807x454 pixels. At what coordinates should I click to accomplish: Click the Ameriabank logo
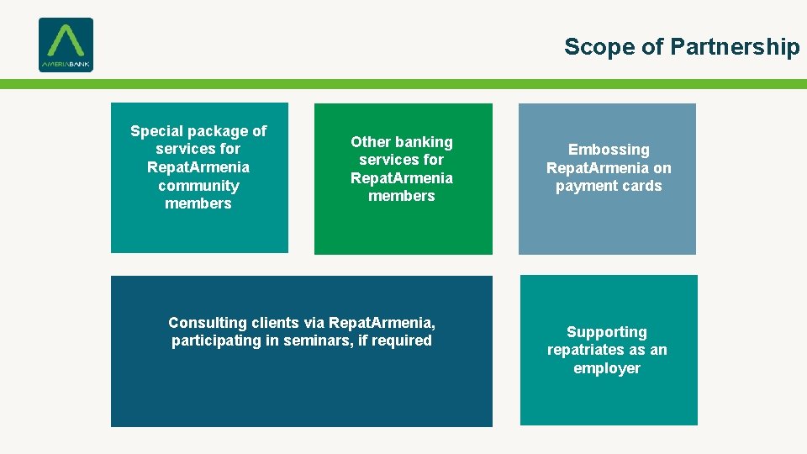[66, 45]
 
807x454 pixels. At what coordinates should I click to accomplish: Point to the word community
[198, 186]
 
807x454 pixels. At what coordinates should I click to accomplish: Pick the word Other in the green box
[370, 142]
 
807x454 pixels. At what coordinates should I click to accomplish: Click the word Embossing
[609, 150]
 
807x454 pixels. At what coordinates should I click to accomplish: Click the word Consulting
[208, 323]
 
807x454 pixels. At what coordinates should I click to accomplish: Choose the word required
[402, 340]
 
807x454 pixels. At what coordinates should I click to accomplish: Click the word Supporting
[607, 332]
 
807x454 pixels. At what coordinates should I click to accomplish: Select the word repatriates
[585, 350]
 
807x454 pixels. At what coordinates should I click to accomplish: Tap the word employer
[607, 368]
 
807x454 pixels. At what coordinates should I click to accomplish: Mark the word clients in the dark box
[277, 323]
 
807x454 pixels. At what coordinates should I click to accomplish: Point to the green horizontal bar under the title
[403, 84]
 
